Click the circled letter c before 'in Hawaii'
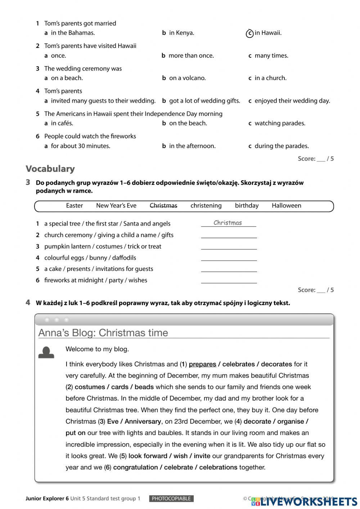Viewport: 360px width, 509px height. coord(249,33)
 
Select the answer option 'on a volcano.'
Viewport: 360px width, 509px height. coord(187,78)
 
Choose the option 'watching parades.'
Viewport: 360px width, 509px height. coord(280,123)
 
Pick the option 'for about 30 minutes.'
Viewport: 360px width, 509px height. coord(80,146)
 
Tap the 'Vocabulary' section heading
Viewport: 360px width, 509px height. coord(50,169)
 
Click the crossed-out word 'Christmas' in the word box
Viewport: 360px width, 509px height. coord(163,206)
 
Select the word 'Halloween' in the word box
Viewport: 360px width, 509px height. coord(286,206)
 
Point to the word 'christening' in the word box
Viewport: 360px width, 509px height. coord(206,206)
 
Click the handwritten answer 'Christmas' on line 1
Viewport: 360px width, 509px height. coord(228,223)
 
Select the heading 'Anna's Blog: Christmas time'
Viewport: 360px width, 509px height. coord(103,332)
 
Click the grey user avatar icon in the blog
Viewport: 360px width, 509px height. coord(46,352)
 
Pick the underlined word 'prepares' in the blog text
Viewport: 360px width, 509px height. coord(202,364)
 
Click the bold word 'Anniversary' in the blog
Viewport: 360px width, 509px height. coord(143,421)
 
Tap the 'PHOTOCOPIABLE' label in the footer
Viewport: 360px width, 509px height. coord(171,499)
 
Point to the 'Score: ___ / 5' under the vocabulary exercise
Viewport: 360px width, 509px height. coord(315,290)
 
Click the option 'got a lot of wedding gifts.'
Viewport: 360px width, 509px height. coord(204,101)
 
